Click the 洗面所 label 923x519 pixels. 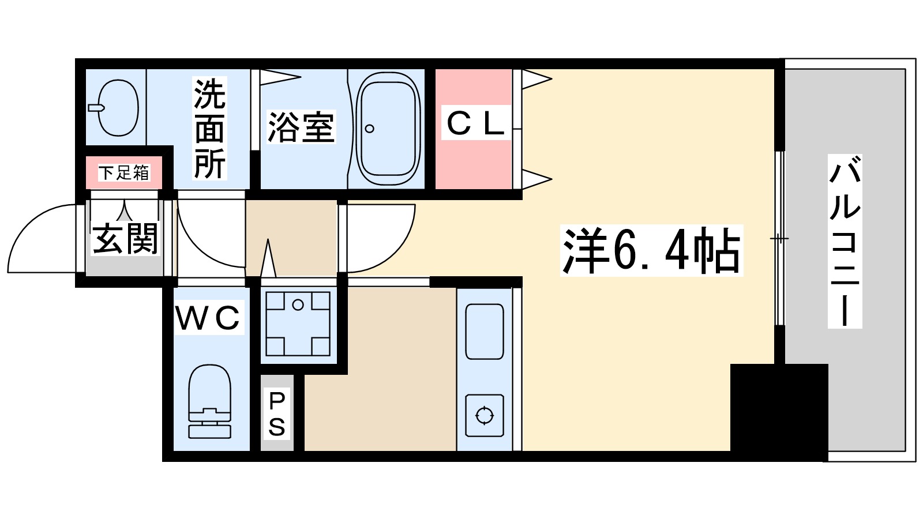209,129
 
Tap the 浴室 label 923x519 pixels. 301,128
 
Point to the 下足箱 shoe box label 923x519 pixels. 124,172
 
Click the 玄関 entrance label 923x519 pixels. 125,238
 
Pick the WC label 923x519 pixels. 208,318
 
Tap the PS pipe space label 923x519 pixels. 277,413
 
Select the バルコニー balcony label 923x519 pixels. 845,240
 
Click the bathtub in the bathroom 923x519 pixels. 388,129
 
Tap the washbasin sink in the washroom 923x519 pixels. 118,107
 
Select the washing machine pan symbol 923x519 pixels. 298,324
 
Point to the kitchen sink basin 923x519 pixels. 484,331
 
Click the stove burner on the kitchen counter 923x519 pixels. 484,415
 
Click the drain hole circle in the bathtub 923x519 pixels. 370,129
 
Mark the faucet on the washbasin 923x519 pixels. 96,107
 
